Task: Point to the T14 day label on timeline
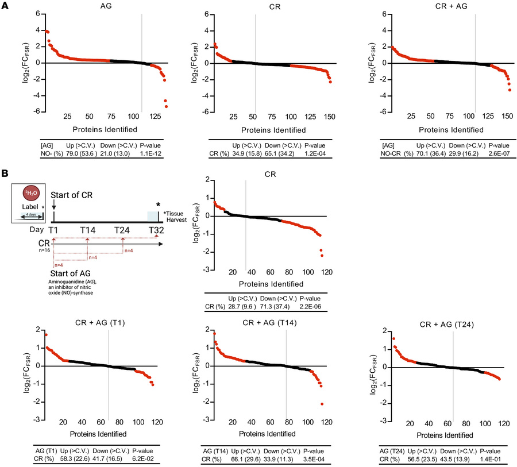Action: click(x=87, y=230)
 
